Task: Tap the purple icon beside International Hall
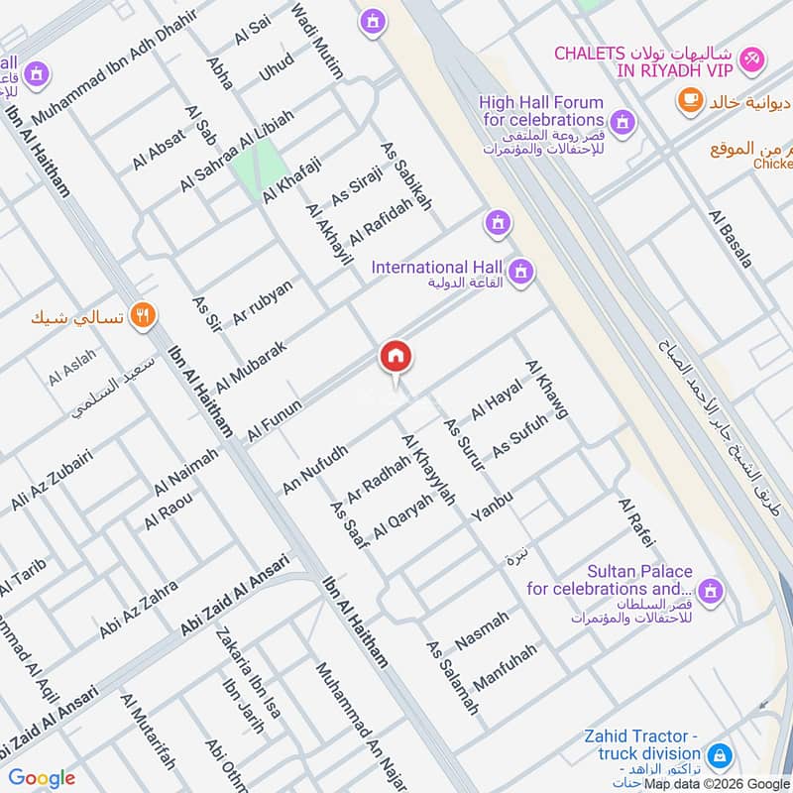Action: pyautogui.click(x=520, y=271)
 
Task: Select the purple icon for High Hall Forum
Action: pyautogui.click(x=622, y=122)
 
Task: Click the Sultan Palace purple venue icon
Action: pyautogui.click(x=709, y=593)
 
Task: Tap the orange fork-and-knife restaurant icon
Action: pyautogui.click(x=144, y=316)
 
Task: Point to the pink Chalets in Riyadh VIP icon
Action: pyautogui.click(x=752, y=58)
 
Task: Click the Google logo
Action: pyautogui.click(x=42, y=778)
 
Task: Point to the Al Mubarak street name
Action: pyautogui.click(x=252, y=365)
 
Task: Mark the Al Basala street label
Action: pyautogui.click(x=731, y=239)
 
